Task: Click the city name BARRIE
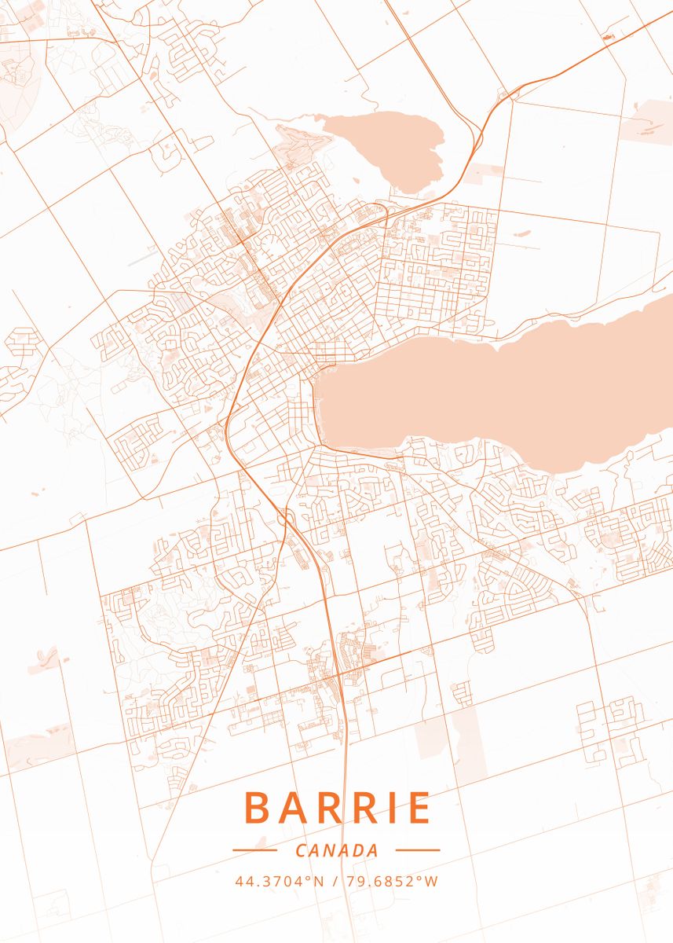pos(337,808)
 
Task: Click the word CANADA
pos(337,850)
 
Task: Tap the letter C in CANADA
pos(302,850)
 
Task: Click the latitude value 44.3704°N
pos(279,881)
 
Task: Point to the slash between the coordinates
pos(336,881)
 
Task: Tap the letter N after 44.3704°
pos(319,881)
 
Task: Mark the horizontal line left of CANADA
pos(254,849)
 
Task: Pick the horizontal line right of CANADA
pos(417,849)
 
